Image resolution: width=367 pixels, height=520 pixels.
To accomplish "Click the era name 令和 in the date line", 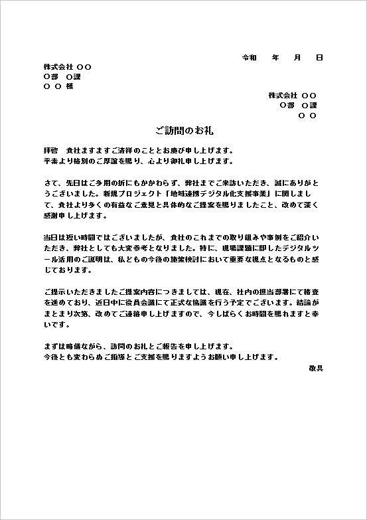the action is point(250,58).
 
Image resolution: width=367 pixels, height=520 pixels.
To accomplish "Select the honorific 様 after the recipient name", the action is point(70,86).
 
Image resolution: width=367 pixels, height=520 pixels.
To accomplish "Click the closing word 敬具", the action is point(315,367).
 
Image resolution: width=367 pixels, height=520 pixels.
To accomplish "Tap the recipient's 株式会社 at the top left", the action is point(58,67).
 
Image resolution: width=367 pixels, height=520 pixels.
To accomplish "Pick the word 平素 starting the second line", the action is point(50,161).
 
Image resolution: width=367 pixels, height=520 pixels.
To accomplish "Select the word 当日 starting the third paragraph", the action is point(50,237).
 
